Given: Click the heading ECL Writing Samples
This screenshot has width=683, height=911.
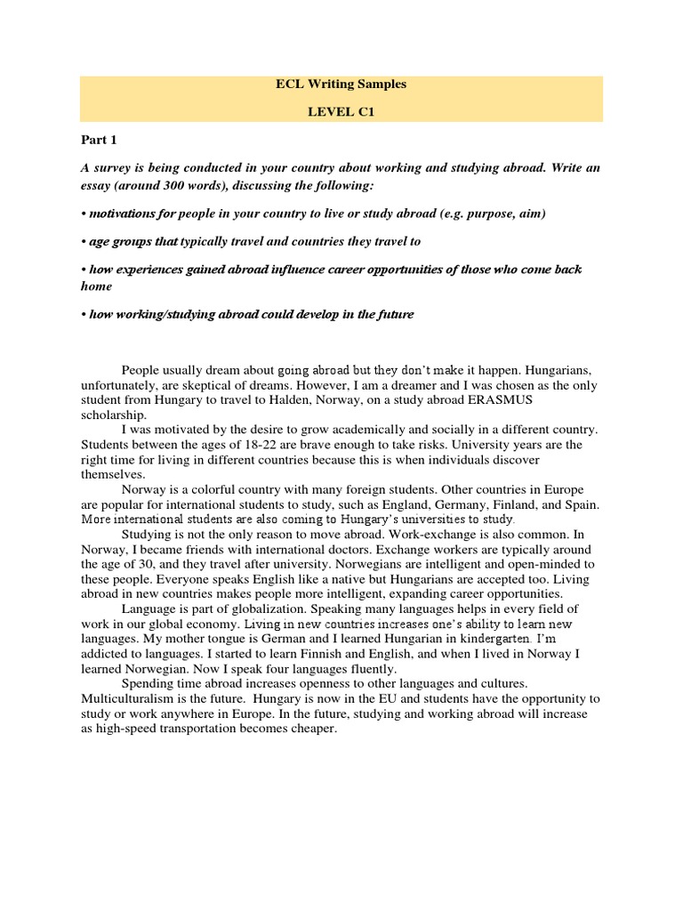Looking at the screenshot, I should point(341,85).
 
